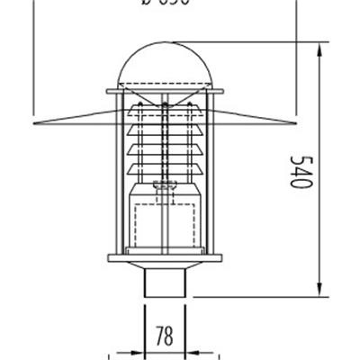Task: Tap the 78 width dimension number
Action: click(x=164, y=337)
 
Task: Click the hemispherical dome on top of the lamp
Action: click(x=164, y=63)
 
